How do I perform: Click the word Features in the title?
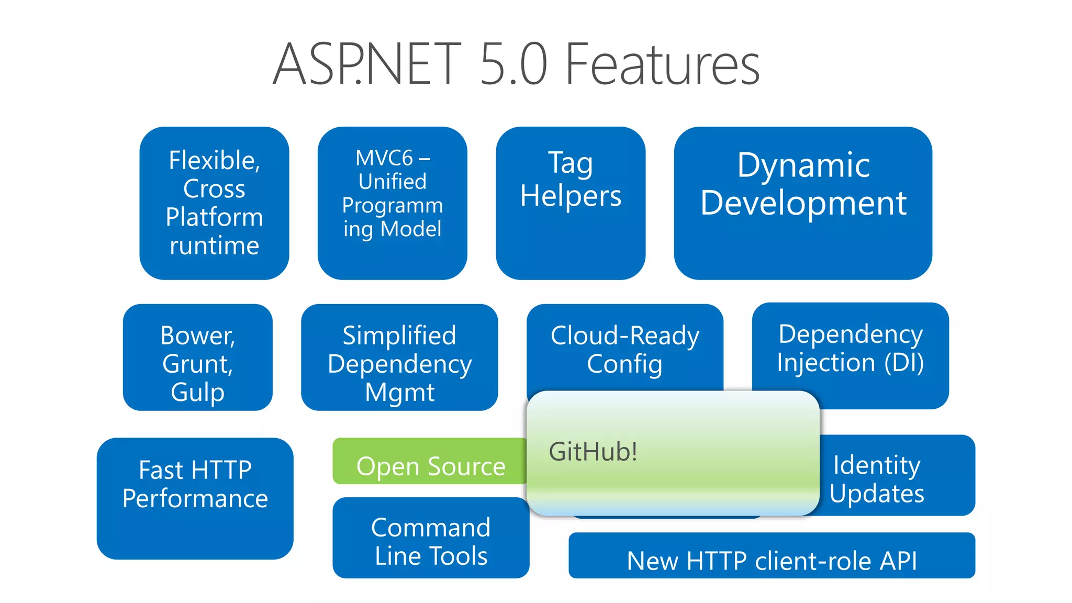(662, 65)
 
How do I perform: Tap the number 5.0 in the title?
(513, 65)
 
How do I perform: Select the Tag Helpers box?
(571, 203)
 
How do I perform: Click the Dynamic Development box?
(803, 203)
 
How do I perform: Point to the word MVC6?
(384, 158)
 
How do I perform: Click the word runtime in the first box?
(215, 245)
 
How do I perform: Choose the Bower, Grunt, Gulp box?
(198, 358)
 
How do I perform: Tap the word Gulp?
(197, 392)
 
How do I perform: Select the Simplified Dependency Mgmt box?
(399, 358)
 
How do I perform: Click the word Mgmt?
(399, 392)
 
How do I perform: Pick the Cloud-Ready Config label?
(624, 350)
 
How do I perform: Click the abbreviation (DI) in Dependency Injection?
(904, 363)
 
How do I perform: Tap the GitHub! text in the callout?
(593, 452)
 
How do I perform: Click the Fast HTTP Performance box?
(195, 498)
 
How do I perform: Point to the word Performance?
(195, 498)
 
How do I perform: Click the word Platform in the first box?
(215, 217)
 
